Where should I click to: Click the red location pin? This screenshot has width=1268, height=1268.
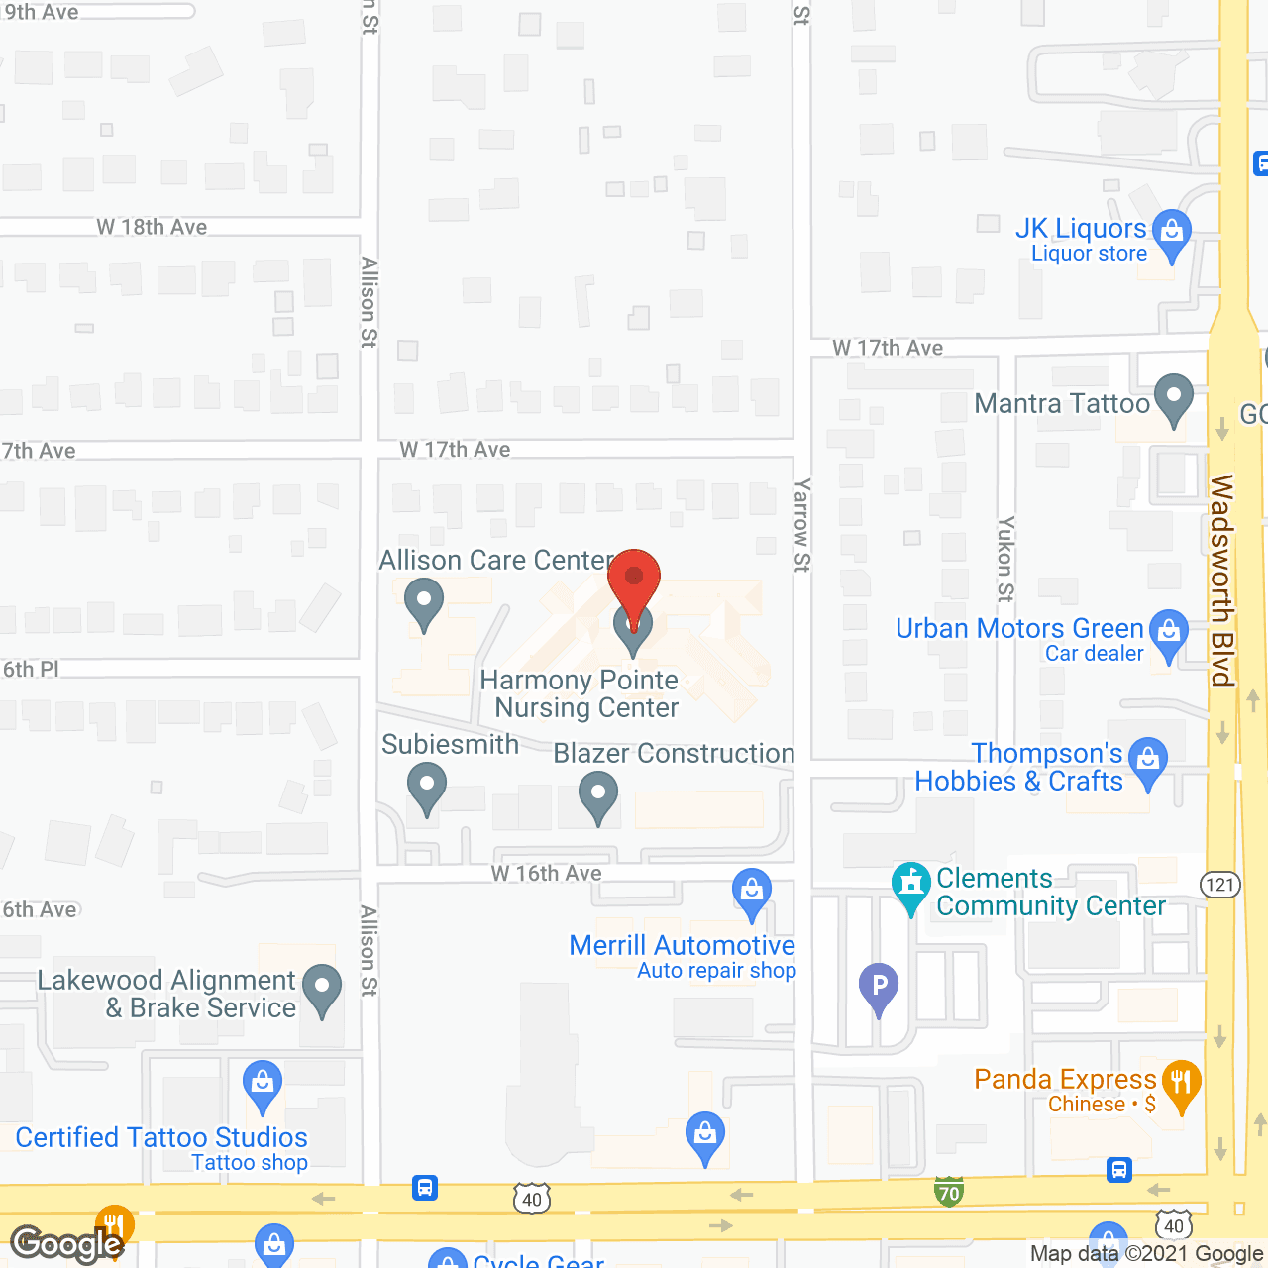click(x=634, y=580)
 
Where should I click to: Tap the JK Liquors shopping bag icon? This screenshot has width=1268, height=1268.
click(x=1172, y=233)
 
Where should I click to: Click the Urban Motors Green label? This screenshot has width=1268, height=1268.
click(x=1019, y=629)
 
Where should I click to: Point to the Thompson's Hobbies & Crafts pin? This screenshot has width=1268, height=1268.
click(x=1148, y=761)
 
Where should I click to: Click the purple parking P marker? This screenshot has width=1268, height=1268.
click(x=879, y=987)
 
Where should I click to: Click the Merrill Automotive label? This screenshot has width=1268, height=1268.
click(x=682, y=946)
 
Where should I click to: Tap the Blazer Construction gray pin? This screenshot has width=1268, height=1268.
click(x=598, y=794)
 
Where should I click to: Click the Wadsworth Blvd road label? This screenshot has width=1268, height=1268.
click(x=1221, y=581)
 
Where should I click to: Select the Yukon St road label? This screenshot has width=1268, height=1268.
click(x=1005, y=559)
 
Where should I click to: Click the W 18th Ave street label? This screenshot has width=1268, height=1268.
click(x=152, y=227)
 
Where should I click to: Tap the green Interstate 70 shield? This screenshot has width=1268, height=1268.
click(x=949, y=1192)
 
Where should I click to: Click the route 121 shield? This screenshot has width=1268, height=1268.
click(x=1220, y=884)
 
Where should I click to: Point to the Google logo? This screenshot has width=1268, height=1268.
click(x=67, y=1244)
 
